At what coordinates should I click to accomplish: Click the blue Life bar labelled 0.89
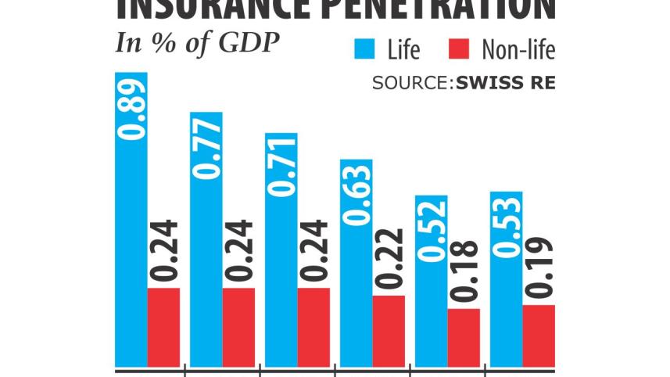131,219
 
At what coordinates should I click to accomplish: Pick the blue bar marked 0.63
356,262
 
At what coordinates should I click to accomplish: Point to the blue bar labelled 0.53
506,278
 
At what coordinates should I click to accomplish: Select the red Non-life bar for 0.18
464,337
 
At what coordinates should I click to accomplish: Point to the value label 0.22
389,260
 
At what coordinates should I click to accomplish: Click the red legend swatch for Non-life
461,50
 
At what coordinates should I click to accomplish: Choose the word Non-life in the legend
518,51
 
